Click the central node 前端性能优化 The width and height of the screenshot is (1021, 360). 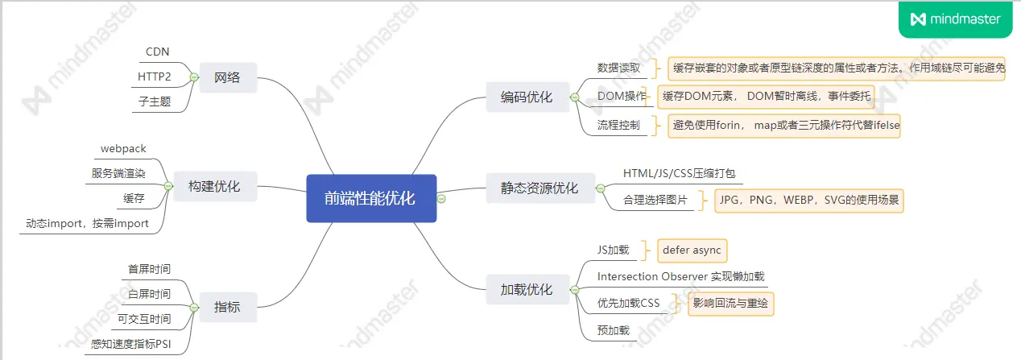pyautogui.click(x=371, y=198)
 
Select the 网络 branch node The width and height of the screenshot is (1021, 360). pyautogui.click(x=228, y=78)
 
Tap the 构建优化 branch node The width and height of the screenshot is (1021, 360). pyautogui.click(x=213, y=186)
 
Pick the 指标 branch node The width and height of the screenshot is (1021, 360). pyautogui.click(x=227, y=307)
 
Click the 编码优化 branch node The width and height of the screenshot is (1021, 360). pyautogui.click(x=527, y=97)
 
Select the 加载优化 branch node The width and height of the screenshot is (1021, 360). pyautogui.click(x=527, y=289)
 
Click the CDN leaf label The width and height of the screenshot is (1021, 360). pyautogui.click(x=157, y=52)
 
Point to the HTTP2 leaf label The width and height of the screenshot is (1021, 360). pyautogui.click(x=155, y=77)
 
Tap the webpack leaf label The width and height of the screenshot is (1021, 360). pyautogui.click(x=123, y=149)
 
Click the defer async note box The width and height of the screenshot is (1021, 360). pyautogui.click(x=692, y=250)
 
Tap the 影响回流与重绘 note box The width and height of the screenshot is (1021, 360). pyautogui.click(x=730, y=304)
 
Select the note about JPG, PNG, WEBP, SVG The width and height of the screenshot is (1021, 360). pyautogui.click(x=808, y=200)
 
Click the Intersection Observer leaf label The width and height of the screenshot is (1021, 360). pyautogui.click(x=680, y=276)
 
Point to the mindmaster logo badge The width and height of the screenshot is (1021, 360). pyautogui.click(x=955, y=19)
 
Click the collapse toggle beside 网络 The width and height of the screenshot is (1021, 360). pyautogui.click(x=193, y=78)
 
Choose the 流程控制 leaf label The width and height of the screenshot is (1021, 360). pyautogui.click(x=618, y=126)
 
